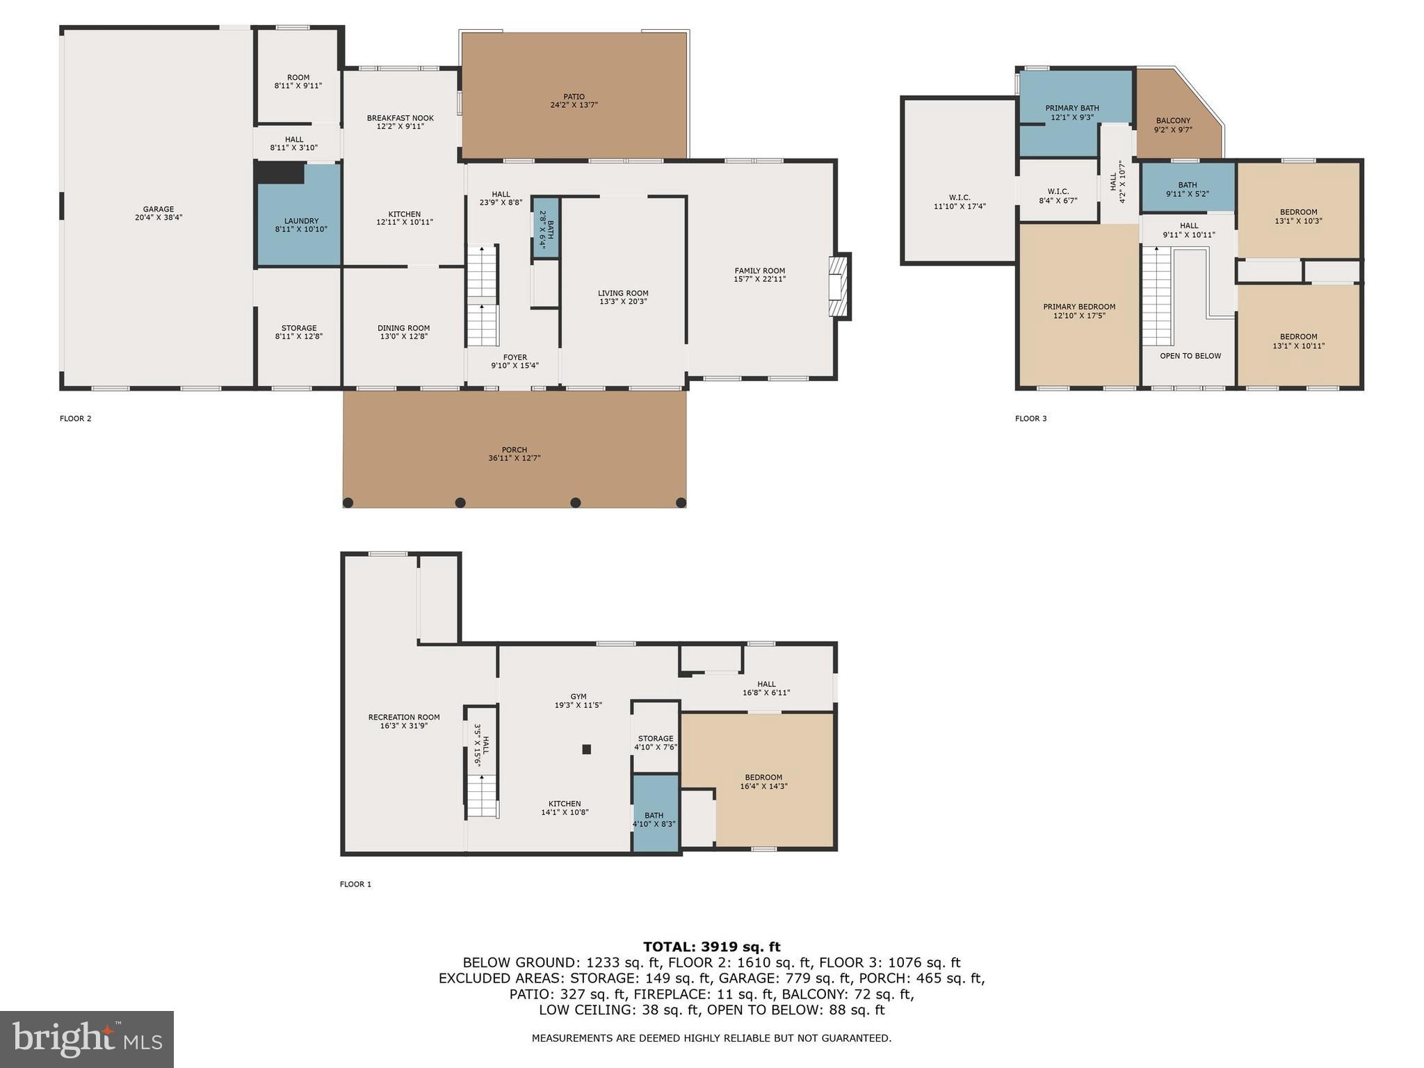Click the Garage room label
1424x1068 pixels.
coord(159,209)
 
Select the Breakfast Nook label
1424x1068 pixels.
coord(400,118)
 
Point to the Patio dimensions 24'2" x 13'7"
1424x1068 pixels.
coord(574,105)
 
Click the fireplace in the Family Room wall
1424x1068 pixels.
coord(839,286)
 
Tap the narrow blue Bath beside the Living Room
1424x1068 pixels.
coord(546,228)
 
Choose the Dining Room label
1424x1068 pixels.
coord(403,328)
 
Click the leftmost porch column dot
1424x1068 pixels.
coord(348,503)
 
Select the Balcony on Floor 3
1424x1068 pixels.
coord(1174,122)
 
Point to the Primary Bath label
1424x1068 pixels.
coord(1071,108)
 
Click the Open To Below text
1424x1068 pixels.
coord(1190,356)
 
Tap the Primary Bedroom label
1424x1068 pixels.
coord(1079,307)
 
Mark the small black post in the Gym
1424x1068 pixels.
coord(586,749)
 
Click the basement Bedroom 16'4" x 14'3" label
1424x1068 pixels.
coord(763,777)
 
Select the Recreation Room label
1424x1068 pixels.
coord(404,717)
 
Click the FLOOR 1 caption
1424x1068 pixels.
coord(355,884)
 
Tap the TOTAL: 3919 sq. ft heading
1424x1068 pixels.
coord(711,946)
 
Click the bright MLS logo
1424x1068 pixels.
coord(87,1039)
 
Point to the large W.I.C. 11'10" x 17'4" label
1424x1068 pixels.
coord(960,197)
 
